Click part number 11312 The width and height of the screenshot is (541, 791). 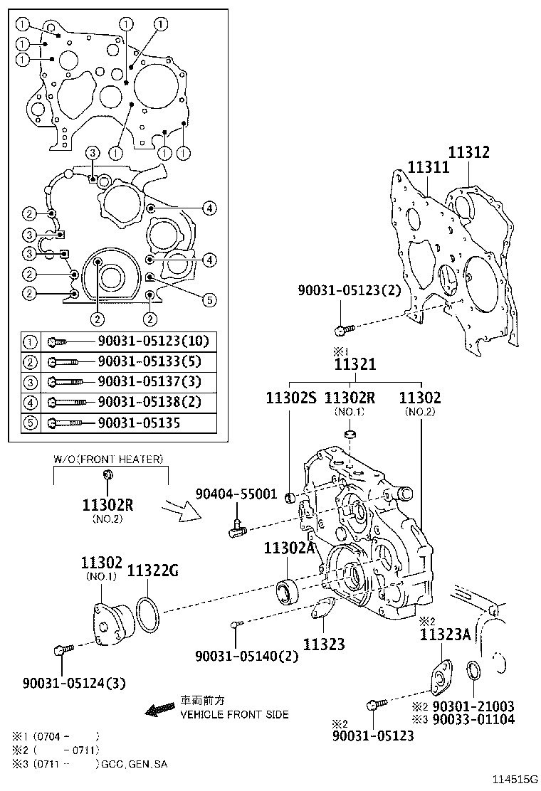pos(468,152)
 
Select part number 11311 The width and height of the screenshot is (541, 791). pos(428,167)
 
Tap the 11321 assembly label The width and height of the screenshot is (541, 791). pos(355,364)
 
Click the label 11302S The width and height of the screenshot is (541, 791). pos(290,398)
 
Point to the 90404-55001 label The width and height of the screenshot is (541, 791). pos(237,494)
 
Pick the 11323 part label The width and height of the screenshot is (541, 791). pos(324,644)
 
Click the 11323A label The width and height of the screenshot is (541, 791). pos(445,635)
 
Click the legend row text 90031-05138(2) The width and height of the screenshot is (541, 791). pos(149,402)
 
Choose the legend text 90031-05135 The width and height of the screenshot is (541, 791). pos(139,423)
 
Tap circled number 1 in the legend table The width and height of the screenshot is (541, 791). pos(31,341)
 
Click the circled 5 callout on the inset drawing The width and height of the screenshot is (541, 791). pos(209,300)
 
